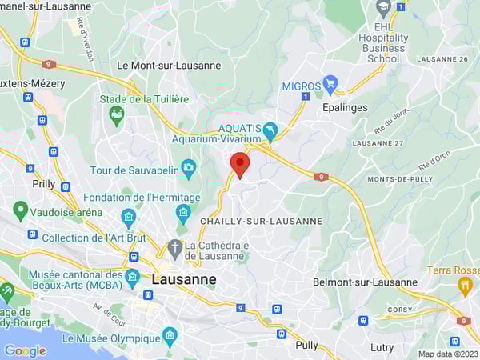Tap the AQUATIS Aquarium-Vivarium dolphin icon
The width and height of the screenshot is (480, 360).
270,130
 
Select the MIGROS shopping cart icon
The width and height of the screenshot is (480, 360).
330,85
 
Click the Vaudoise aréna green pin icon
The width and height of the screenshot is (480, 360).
21,212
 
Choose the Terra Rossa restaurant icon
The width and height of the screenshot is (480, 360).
465,286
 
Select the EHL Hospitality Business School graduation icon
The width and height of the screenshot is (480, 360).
382,8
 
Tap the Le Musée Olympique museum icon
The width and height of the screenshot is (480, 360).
169,336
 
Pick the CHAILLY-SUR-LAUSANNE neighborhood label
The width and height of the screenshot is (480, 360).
261,221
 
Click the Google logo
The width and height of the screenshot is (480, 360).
25,350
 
